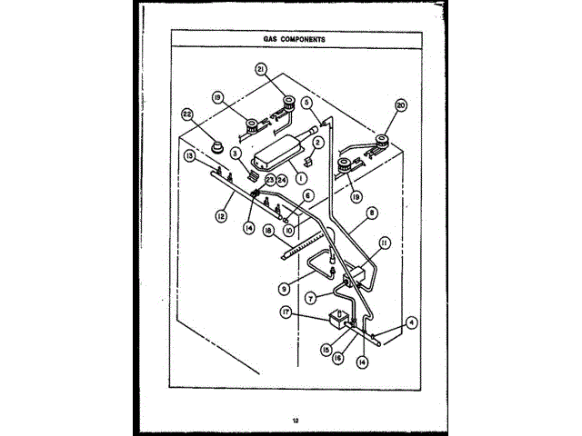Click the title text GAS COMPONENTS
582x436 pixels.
(290, 40)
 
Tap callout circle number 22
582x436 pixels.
(188, 114)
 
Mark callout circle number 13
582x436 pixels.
(188, 155)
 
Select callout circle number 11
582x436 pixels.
(385, 243)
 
